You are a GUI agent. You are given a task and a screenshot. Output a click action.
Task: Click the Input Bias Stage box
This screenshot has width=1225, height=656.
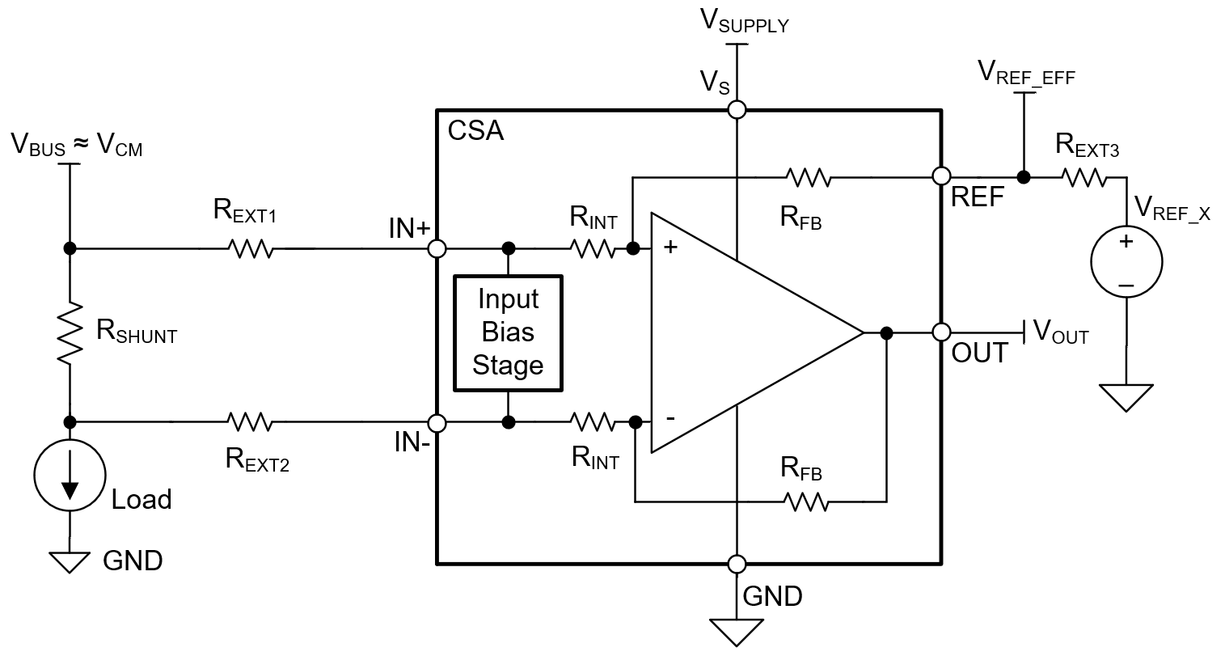tap(508, 333)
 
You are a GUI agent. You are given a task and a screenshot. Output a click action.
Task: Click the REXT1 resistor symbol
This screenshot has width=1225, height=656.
tap(251, 248)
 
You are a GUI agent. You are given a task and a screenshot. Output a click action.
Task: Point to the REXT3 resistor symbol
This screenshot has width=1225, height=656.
tap(1084, 176)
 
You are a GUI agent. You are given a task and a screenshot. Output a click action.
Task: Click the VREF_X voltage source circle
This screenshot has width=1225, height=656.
tap(1126, 263)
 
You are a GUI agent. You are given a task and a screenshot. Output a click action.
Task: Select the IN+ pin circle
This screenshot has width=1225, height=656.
tap(437, 248)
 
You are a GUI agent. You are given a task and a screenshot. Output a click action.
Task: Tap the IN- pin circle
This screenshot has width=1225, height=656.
tap(437, 422)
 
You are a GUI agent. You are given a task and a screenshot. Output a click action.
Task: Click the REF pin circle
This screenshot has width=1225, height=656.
tap(941, 176)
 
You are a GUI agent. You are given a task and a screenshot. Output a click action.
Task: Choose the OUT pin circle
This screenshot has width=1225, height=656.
tap(941, 332)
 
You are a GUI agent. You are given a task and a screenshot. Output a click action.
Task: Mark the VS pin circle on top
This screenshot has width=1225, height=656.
tap(737, 109)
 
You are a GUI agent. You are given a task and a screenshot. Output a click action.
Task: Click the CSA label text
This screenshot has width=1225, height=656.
tap(475, 130)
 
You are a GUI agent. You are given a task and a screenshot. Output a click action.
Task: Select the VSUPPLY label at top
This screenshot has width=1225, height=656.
tap(743, 23)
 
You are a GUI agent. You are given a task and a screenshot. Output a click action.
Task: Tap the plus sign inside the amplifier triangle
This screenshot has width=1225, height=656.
tap(670, 248)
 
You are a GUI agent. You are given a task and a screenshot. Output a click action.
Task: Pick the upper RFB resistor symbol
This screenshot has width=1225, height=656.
tap(808, 176)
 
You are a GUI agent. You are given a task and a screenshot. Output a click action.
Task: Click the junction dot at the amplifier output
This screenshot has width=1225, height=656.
tap(886, 332)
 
